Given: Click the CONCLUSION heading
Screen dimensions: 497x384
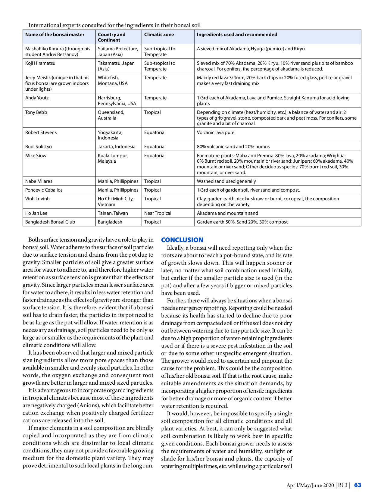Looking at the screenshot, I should click(182, 240).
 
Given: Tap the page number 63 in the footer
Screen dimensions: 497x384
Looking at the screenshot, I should click(357, 485).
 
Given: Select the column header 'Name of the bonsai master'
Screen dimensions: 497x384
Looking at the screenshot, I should click(55, 35).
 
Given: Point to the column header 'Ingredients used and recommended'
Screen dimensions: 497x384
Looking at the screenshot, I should click(237, 35).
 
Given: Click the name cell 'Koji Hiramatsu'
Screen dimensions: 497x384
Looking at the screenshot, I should click(40, 63).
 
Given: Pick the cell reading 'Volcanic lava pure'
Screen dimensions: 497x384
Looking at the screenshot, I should click(215, 133).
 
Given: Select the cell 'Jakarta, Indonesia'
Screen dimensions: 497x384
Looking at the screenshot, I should click(117, 147).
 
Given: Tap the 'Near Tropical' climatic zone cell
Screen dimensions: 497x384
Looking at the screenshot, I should click(158, 213).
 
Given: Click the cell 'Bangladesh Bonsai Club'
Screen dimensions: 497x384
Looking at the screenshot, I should click(50, 222).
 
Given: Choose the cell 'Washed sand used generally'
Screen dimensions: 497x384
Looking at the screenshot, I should click(226, 181).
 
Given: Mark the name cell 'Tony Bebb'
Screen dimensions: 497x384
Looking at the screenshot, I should click(36, 112).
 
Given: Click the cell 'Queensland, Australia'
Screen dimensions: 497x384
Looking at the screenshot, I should click(111, 115).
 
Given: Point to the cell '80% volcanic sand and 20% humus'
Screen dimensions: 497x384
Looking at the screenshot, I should click(233, 147).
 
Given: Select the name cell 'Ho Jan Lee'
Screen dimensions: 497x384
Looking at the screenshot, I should click(36, 213).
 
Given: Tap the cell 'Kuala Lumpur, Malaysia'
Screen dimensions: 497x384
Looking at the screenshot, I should click(113, 158).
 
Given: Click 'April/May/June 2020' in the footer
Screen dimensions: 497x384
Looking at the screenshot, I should click(310, 485).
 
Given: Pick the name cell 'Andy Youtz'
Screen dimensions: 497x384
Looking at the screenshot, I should click(37, 98).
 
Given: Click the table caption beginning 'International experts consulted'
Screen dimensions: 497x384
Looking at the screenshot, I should click(114, 25).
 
